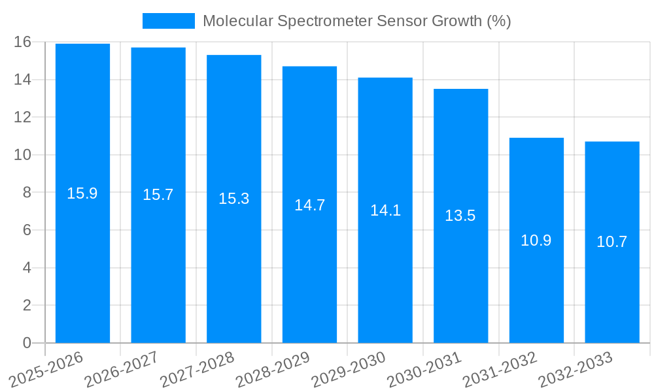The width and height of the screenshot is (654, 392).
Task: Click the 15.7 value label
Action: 158,194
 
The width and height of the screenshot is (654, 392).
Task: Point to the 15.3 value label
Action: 234,198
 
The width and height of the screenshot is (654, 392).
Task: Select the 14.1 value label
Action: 385,210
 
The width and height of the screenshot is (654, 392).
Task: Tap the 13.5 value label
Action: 460,216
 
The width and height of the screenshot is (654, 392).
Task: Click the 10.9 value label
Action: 536,240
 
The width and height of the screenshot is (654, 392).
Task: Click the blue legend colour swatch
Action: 169,21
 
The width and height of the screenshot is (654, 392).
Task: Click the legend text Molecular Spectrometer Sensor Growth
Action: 356,21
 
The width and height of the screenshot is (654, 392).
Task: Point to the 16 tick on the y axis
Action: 23,42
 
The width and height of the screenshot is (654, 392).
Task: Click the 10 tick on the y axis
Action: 23,155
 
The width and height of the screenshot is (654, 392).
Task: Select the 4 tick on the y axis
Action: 27,268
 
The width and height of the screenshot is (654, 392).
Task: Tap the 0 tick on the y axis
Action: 27,343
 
